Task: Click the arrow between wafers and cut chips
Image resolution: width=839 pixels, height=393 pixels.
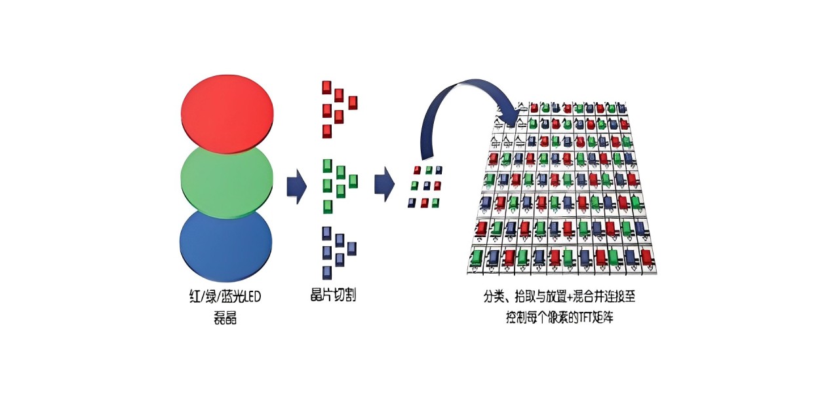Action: click(297, 186)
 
